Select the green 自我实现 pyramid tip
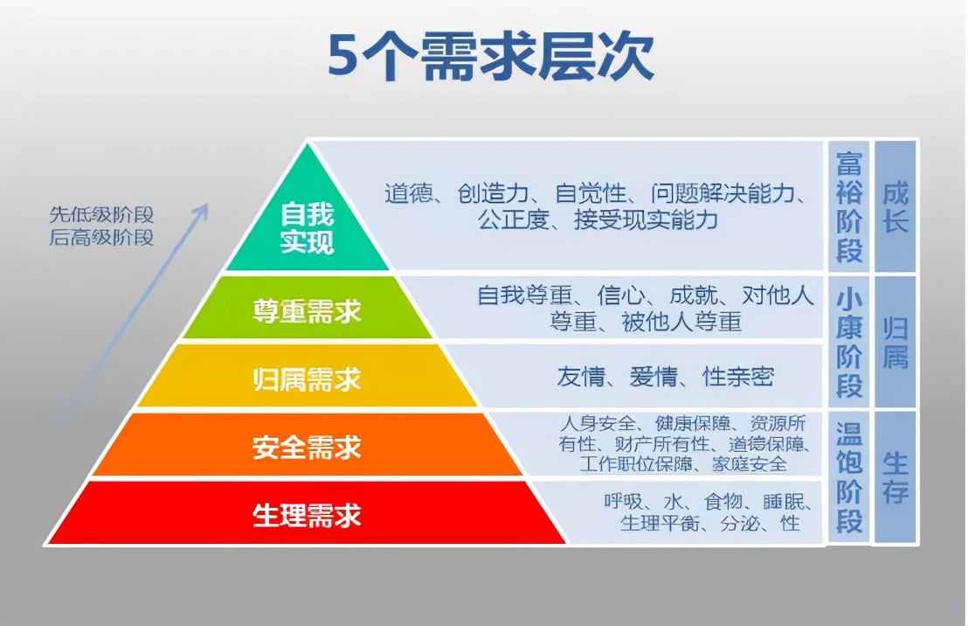[x=307, y=226]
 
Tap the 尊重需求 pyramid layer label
[x=307, y=311]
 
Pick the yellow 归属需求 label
[x=307, y=379]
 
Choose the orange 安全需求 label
[x=307, y=448]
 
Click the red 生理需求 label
[x=307, y=515]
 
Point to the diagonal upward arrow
[x=131, y=315]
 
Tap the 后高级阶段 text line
[x=101, y=237]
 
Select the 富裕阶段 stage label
[x=849, y=207]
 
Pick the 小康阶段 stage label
[x=849, y=342]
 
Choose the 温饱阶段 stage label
[x=849, y=477]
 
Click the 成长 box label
[x=895, y=207]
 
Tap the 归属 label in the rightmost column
[x=895, y=342]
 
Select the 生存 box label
[x=895, y=477]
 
